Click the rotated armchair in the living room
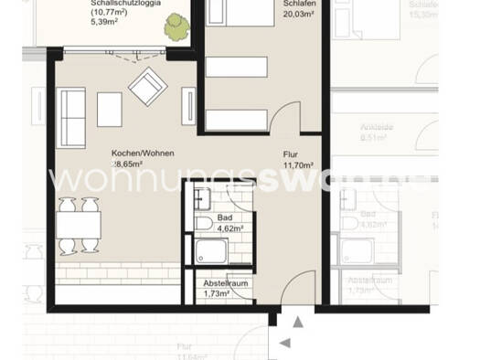(147, 88)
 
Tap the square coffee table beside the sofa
(110, 110)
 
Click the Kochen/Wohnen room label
(143, 154)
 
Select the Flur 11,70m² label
(298, 161)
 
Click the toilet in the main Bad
(202, 221)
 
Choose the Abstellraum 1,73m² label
(226, 290)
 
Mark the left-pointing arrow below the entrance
(284, 342)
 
